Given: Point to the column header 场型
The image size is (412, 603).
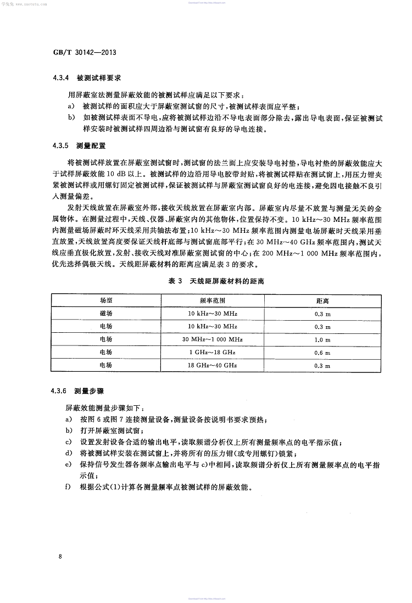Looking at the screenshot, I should tap(105, 301).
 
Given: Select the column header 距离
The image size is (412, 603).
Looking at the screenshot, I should tap(322, 301).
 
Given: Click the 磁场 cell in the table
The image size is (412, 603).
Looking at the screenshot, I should tap(105, 314).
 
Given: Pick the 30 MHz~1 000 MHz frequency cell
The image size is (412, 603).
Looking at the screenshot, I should tap(212, 339).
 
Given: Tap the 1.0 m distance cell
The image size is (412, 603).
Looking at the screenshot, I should tap(323, 339).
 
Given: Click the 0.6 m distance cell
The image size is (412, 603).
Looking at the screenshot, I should tap(323, 353).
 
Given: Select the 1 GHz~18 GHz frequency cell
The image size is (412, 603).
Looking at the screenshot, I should tap(212, 353).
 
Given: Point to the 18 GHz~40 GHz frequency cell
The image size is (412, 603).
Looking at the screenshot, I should tap(212, 365).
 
